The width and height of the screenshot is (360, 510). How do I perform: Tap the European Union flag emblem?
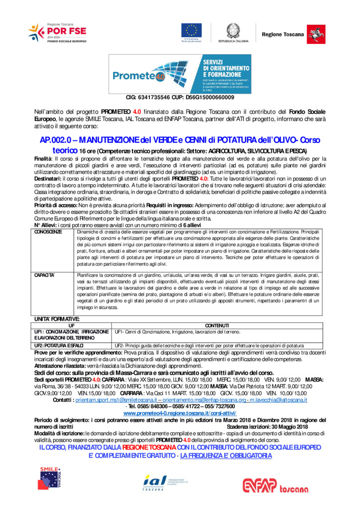point(191,31)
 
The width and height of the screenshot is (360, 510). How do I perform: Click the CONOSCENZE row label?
point(48,232)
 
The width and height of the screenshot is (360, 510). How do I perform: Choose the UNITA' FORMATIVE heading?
point(56,319)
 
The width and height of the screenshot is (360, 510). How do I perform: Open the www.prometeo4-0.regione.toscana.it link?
point(180,413)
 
